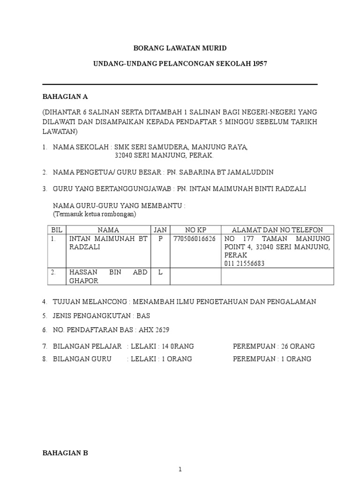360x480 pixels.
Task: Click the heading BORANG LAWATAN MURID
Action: point(180,48)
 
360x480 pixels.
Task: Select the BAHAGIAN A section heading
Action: point(65,97)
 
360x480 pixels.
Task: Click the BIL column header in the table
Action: point(56,230)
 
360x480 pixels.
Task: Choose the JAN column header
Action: point(160,230)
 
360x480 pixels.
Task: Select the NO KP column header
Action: point(195,230)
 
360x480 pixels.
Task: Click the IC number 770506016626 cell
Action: point(195,239)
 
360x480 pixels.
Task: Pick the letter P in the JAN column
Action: point(160,239)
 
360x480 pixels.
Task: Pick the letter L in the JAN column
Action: point(160,272)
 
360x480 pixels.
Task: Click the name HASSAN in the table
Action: point(82,272)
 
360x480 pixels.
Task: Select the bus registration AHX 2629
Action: point(154,330)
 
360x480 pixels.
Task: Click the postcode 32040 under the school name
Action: point(124,155)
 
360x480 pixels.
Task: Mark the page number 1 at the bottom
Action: point(180,470)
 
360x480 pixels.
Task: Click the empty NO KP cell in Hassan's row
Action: point(195,276)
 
